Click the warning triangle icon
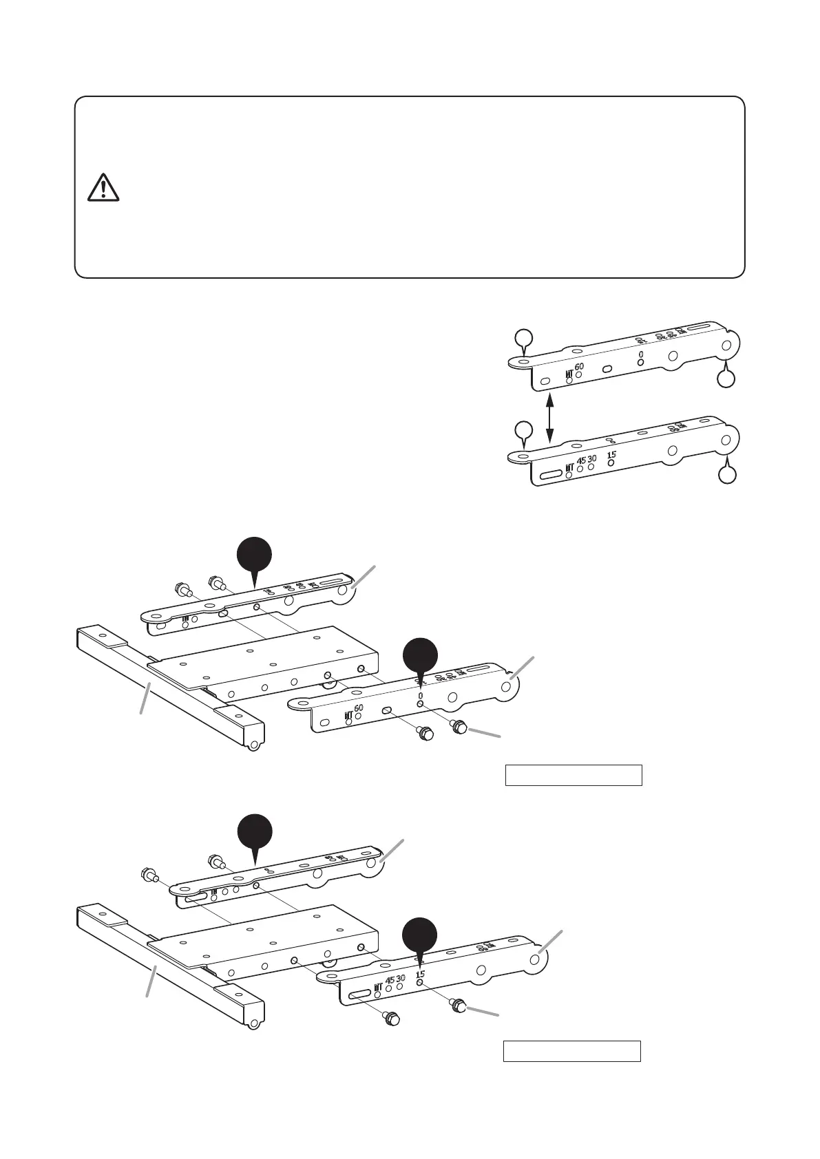(x=103, y=187)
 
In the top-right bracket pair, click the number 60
(x=579, y=367)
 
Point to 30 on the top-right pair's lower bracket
(x=592, y=458)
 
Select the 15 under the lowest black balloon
(x=420, y=974)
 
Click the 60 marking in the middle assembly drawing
(x=359, y=708)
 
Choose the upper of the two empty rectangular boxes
(x=574, y=774)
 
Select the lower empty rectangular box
(x=571, y=1051)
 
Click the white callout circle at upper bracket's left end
(x=524, y=337)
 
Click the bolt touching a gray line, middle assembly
(x=459, y=725)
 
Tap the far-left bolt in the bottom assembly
(x=147, y=875)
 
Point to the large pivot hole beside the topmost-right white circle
(x=726, y=344)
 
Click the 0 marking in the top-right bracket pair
(x=641, y=355)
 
